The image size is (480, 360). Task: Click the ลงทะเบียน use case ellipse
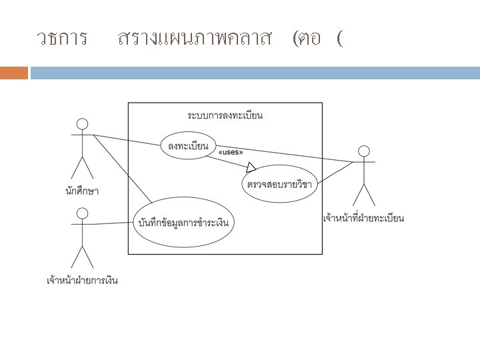click(x=185, y=145)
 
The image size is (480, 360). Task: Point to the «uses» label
click(x=231, y=152)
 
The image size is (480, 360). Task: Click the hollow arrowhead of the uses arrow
click(x=251, y=167)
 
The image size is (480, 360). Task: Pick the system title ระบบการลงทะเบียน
click(x=225, y=115)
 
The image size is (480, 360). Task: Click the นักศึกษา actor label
click(x=82, y=191)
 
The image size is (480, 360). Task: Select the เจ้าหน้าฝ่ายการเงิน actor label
click(x=83, y=281)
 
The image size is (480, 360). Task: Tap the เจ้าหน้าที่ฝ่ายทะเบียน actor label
click(x=363, y=218)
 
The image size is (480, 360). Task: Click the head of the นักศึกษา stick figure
click(x=82, y=124)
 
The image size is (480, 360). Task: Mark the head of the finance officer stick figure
click(x=82, y=213)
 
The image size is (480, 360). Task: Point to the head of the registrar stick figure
click(x=364, y=150)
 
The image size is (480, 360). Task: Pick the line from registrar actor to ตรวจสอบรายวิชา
click(x=336, y=173)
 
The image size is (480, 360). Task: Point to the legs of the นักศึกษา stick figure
click(x=82, y=167)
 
